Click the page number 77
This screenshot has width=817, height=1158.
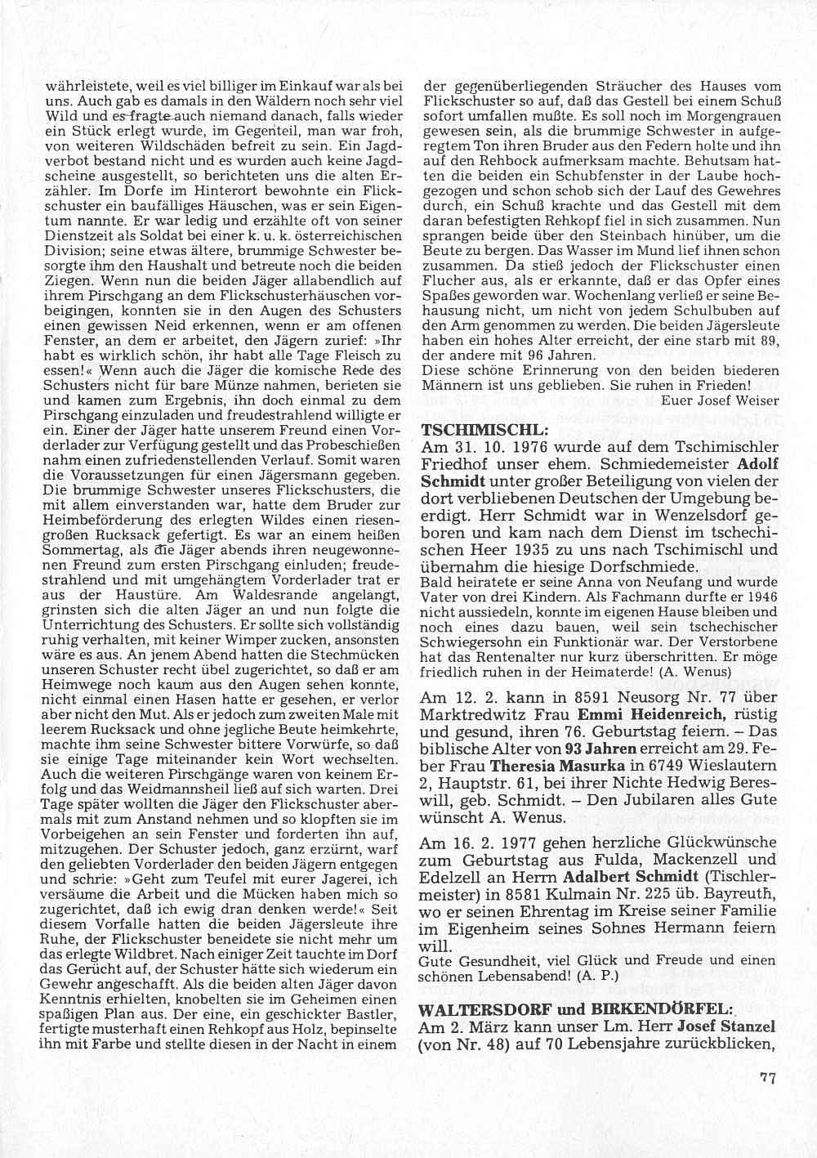coord(766,1078)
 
